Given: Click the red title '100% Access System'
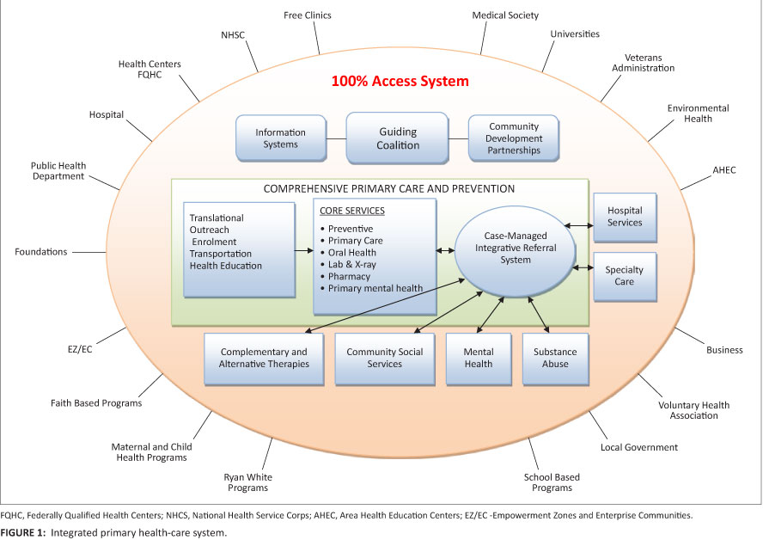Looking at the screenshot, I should [400, 83].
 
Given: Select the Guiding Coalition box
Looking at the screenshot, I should [398, 138].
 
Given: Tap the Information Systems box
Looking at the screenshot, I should [282, 138].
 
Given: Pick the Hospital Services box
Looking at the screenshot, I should [625, 217].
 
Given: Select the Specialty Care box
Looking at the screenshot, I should [625, 276].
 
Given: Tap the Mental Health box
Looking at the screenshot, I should [478, 358].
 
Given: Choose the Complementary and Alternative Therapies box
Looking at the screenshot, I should [264, 358].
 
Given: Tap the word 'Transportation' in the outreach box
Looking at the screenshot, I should [221, 254].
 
